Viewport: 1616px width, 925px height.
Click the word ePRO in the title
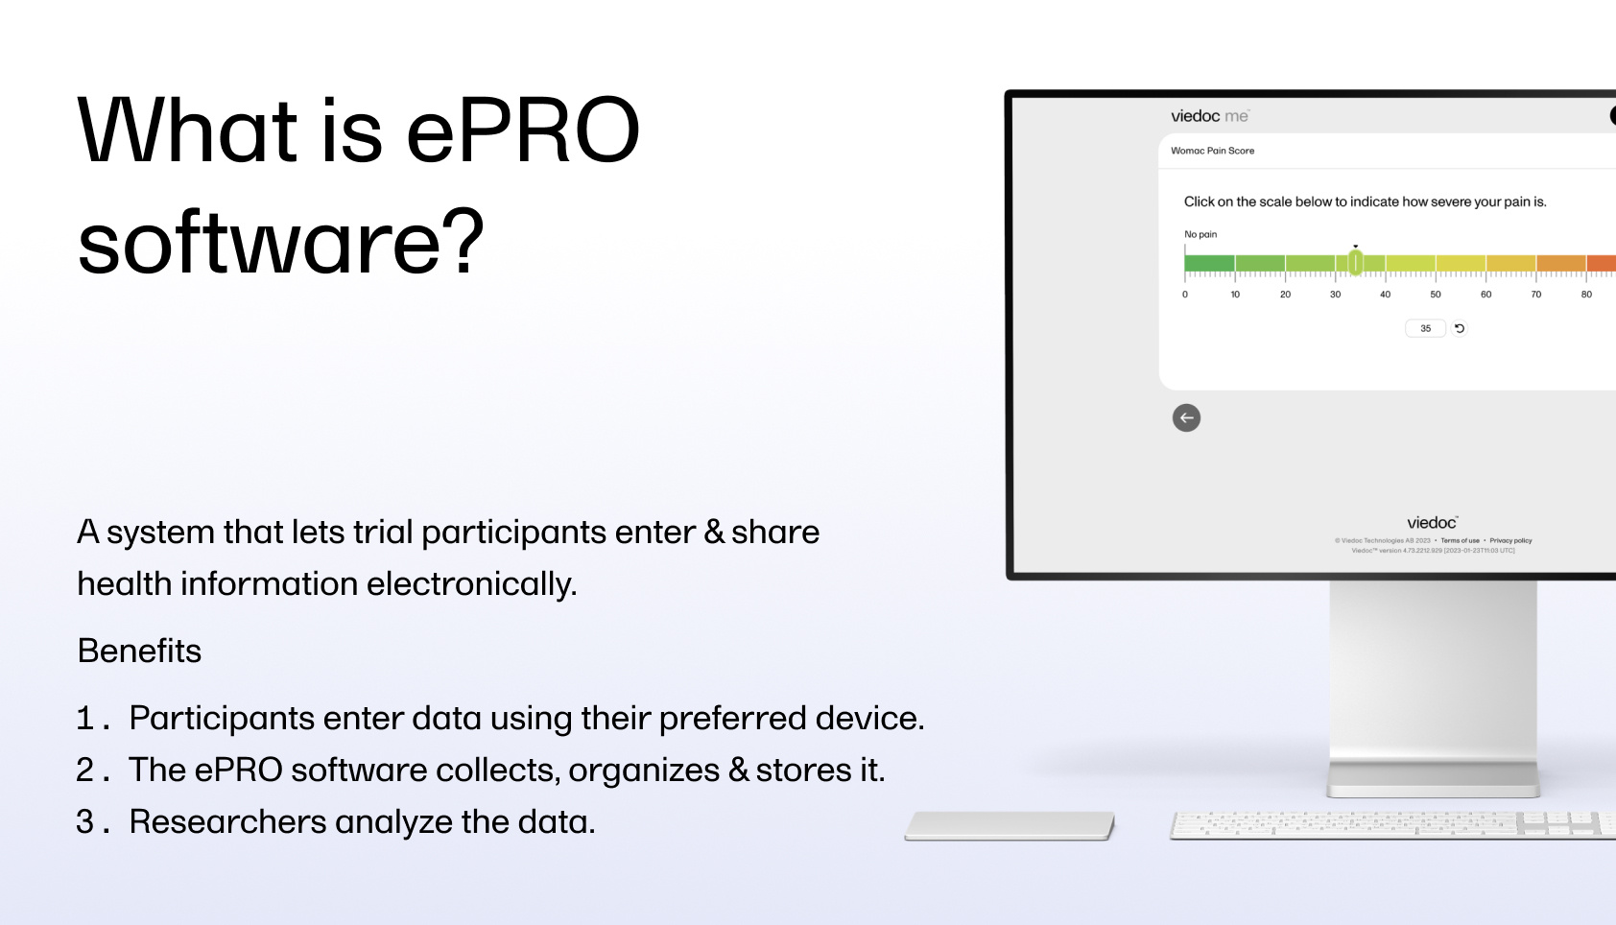(x=522, y=132)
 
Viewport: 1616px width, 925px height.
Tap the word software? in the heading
(x=280, y=244)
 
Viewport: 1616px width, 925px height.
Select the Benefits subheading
(x=139, y=652)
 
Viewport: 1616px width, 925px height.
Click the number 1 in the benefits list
(x=86, y=719)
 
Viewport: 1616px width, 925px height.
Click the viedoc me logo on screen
(x=1209, y=116)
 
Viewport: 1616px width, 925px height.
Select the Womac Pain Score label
(x=1212, y=151)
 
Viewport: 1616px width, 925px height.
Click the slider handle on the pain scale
(x=1355, y=262)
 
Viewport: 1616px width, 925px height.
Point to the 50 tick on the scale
(x=1436, y=295)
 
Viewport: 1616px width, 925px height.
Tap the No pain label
(x=1200, y=234)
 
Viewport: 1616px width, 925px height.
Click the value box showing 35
(x=1425, y=328)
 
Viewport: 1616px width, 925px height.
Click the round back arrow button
(x=1186, y=417)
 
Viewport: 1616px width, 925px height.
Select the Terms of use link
(x=1460, y=540)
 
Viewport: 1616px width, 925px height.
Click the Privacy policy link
(x=1510, y=540)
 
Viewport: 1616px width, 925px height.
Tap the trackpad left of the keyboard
(x=1009, y=825)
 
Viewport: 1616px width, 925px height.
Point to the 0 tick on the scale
(x=1185, y=295)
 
